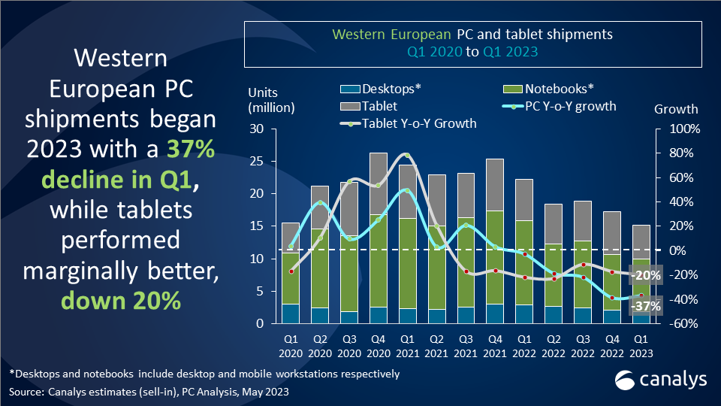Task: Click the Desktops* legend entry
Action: point(391,89)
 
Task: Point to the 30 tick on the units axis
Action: point(257,129)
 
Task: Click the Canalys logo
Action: point(661,381)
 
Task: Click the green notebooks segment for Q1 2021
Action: point(407,263)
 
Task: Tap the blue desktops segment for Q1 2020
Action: point(290,314)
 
